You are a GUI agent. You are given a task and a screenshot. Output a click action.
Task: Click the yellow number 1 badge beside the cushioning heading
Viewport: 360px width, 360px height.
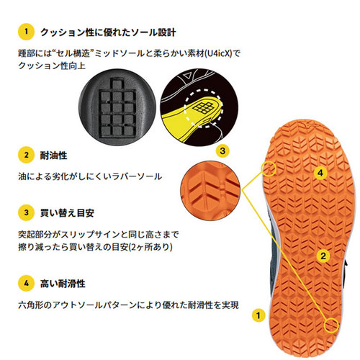pyautogui.click(x=26, y=32)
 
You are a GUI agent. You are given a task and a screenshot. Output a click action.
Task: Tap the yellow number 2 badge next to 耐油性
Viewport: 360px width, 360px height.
pyautogui.click(x=26, y=155)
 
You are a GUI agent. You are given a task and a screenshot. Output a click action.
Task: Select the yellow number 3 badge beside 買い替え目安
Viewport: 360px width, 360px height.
pyautogui.click(x=26, y=212)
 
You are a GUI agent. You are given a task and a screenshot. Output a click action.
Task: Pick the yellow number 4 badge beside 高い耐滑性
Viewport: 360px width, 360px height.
pyautogui.click(x=26, y=284)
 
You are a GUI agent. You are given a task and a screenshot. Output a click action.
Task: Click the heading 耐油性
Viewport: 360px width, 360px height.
pyautogui.click(x=53, y=156)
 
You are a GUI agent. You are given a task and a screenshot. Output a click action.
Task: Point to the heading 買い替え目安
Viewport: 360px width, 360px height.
pyautogui.click(x=67, y=213)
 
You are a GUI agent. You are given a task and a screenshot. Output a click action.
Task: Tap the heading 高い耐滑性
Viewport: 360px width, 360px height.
pyautogui.click(x=63, y=284)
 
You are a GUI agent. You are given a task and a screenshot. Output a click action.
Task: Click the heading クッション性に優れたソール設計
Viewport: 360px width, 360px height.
pyautogui.click(x=108, y=32)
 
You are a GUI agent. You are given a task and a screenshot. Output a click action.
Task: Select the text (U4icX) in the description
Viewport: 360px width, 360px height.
pyautogui.click(x=218, y=53)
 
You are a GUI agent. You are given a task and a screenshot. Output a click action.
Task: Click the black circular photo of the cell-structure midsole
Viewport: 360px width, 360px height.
pyautogui.click(x=117, y=107)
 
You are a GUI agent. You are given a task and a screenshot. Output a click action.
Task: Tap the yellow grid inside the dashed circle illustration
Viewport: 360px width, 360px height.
pyautogui.click(x=203, y=107)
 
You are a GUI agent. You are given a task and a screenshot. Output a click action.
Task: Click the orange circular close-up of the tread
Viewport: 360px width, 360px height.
pyautogui.click(x=210, y=191)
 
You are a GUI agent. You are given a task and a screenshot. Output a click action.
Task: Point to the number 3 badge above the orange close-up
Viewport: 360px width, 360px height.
pyautogui.click(x=222, y=151)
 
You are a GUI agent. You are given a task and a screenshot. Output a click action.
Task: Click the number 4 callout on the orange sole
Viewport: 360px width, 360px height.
pyautogui.click(x=320, y=173)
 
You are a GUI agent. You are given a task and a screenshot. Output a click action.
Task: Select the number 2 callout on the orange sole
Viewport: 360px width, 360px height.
pyautogui.click(x=323, y=256)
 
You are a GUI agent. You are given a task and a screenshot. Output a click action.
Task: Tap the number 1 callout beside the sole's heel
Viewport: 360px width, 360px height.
pyautogui.click(x=258, y=315)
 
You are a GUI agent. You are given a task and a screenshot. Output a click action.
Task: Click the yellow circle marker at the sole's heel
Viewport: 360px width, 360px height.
pyautogui.click(x=331, y=325)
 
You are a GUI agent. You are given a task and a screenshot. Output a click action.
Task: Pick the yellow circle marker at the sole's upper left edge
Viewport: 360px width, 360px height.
pyautogui.click(x=269, y=168)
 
